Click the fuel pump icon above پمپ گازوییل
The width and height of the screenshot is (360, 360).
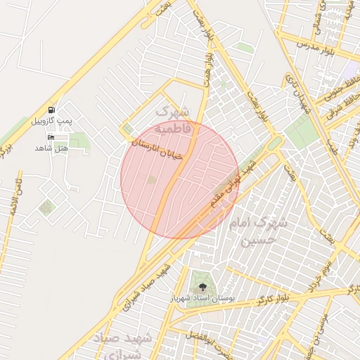pos(51,110)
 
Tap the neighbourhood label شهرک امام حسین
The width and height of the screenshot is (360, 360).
pos(258,231)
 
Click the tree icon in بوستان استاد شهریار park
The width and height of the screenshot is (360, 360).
pos(203,287)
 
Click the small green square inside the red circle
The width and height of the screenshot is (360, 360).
pos(152,181)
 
